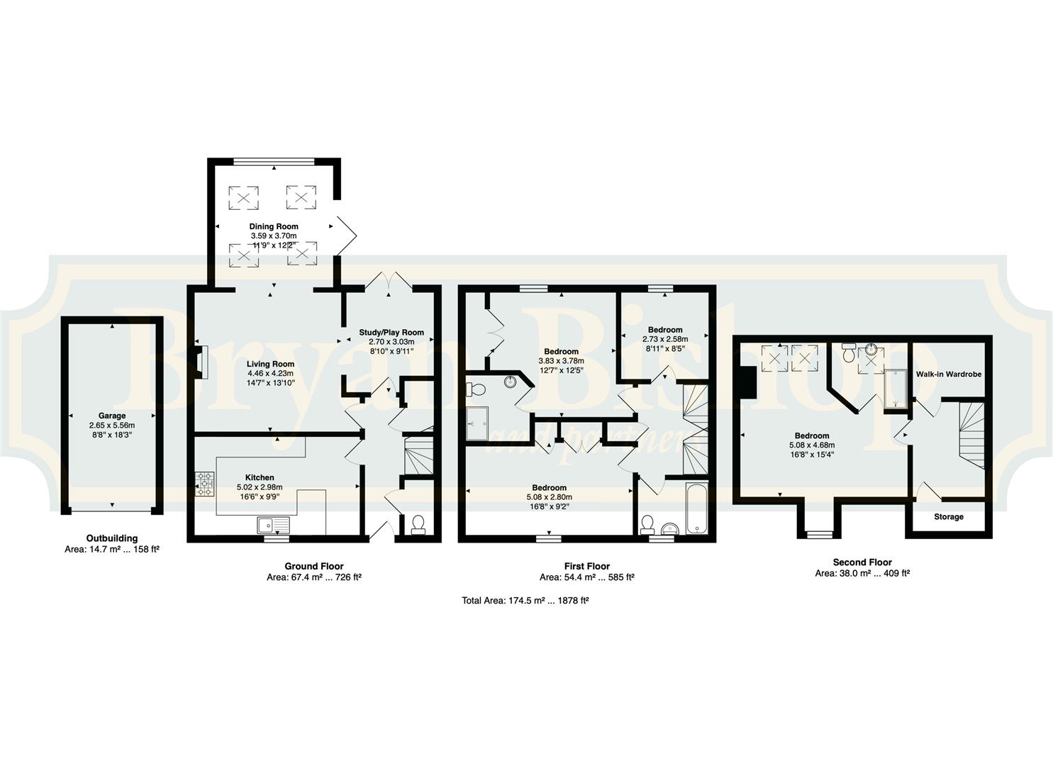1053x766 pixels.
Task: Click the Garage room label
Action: click(x=112, y=416)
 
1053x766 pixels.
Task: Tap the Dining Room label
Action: click(x=274, y=226)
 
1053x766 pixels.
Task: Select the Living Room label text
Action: click(x=271, y=363)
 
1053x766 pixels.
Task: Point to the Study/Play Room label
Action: click(x=391, y=333)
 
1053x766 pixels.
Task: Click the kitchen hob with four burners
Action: click(x=206, y=484)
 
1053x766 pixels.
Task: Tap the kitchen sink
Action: click(x=274, y=525)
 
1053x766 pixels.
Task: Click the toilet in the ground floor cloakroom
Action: click(x=418, y=524)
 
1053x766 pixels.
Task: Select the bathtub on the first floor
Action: click(x=696, y=508)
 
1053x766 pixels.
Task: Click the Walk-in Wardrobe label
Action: click(x=949, y=374)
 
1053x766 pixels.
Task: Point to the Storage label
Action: click(x=949, y=516)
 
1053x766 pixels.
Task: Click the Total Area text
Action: click(x=525, y=601)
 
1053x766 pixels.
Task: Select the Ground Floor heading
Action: click(x=314, y=566)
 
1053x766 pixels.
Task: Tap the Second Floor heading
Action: click(x=862, y=562)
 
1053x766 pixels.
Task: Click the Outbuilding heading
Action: click(x=112, y=538)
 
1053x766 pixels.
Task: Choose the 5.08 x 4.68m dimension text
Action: click(x=812, y=445)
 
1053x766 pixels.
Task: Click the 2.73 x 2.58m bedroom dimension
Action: click(x=665, y=339)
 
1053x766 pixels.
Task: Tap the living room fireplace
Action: click(x=201, y=362)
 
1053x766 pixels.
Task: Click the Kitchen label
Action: click(x=260, y=477)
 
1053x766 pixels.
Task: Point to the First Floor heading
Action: click(x=587, y=566)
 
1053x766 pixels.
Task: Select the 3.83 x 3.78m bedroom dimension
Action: click(x=562, y=361)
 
